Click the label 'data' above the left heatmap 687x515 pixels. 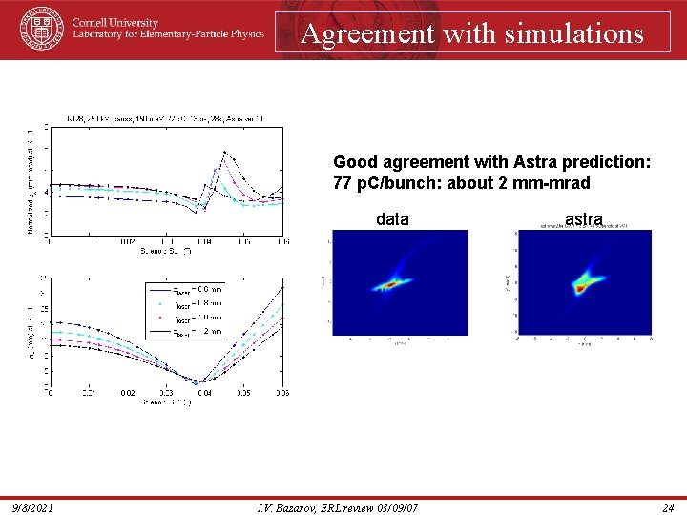(x=392, y=219)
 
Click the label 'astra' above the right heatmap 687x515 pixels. (x=583, y=219)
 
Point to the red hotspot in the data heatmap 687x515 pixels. (x=389, y=283)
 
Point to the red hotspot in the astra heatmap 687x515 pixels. (x=577, y=284)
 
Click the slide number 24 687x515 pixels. (x=668, y=507)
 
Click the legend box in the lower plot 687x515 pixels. (x=186, y=310)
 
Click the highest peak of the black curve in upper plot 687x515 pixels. (x=225, y=151)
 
